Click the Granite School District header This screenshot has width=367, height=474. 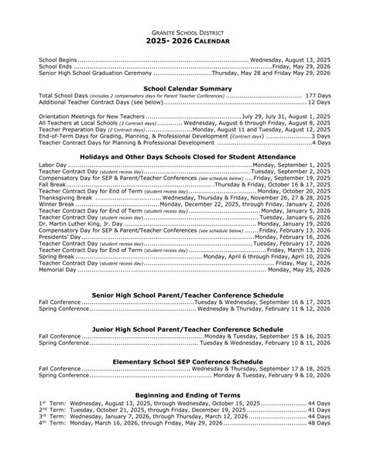click(x=183, y=29)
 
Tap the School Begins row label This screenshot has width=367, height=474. click(x=57, y=59)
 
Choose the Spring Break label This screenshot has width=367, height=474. click(x=57, y=256)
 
